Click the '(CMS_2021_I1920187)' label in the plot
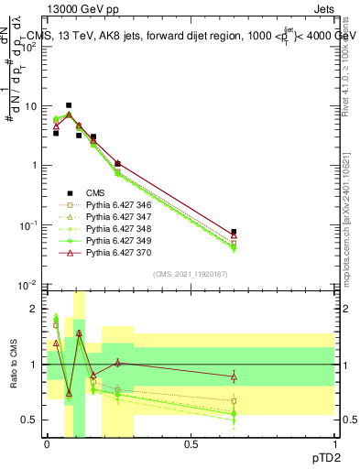coord(190,274)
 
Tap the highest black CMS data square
coord(68,105)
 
